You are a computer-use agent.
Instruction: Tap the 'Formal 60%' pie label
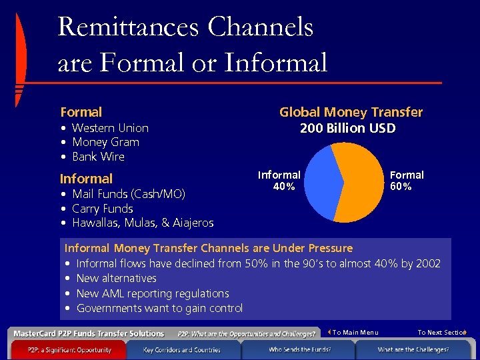407,181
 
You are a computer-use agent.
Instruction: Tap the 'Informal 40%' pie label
279,181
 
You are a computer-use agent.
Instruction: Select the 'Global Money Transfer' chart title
351,113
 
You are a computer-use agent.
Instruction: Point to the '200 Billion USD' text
347,128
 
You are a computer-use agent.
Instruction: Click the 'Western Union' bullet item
110,128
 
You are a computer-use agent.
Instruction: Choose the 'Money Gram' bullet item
105,142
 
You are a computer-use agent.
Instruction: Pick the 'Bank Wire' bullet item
98,157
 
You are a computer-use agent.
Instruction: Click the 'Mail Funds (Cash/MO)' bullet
128,194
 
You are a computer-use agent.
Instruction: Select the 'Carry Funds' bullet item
102,209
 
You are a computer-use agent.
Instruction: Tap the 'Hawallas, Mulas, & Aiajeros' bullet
142,223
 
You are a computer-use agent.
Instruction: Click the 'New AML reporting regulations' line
153,293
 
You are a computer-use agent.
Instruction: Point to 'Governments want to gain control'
159,308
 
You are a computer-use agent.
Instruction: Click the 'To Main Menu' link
355,333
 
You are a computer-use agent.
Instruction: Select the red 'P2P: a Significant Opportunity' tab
69,349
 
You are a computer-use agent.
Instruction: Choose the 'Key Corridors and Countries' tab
181,349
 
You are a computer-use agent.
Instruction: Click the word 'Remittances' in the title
128,27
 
